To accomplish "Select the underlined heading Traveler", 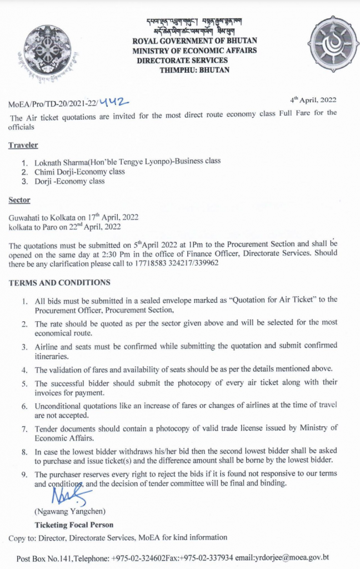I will [23, 145].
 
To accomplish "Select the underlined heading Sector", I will [19, 199].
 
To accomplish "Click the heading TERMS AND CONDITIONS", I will [59, 282].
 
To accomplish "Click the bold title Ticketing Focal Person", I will [74, 525].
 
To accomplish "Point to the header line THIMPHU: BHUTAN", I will [194, 70].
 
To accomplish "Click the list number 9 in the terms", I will [25, 475].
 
